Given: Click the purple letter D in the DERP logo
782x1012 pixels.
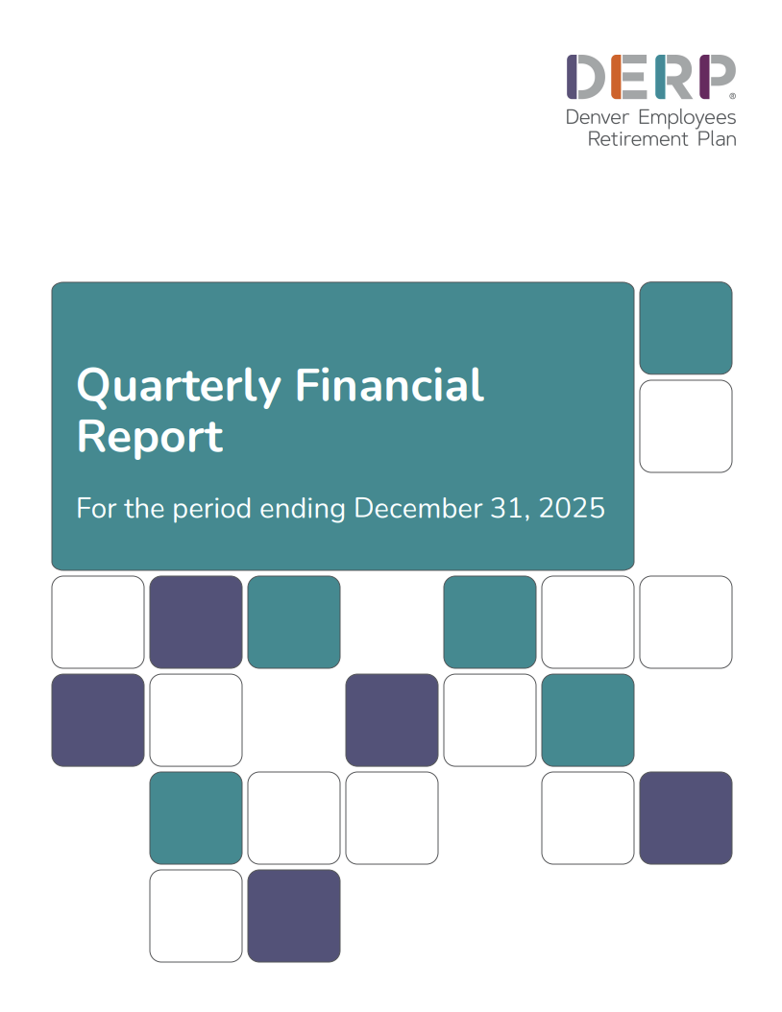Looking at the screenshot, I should [586, 77].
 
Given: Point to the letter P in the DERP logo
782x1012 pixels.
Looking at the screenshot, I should [716, 77].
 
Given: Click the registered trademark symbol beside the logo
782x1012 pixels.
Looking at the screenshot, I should [733, 96].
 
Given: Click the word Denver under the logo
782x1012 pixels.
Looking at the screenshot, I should [595, 117].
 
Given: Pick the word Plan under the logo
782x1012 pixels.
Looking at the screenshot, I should [717, 139].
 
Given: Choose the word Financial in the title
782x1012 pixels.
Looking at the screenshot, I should [389, 385].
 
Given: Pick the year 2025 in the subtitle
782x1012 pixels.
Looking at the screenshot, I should [573, 508].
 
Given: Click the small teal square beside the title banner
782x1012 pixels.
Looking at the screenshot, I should [685, 327].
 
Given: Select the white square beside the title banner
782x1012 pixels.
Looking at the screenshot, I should [685, 425].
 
